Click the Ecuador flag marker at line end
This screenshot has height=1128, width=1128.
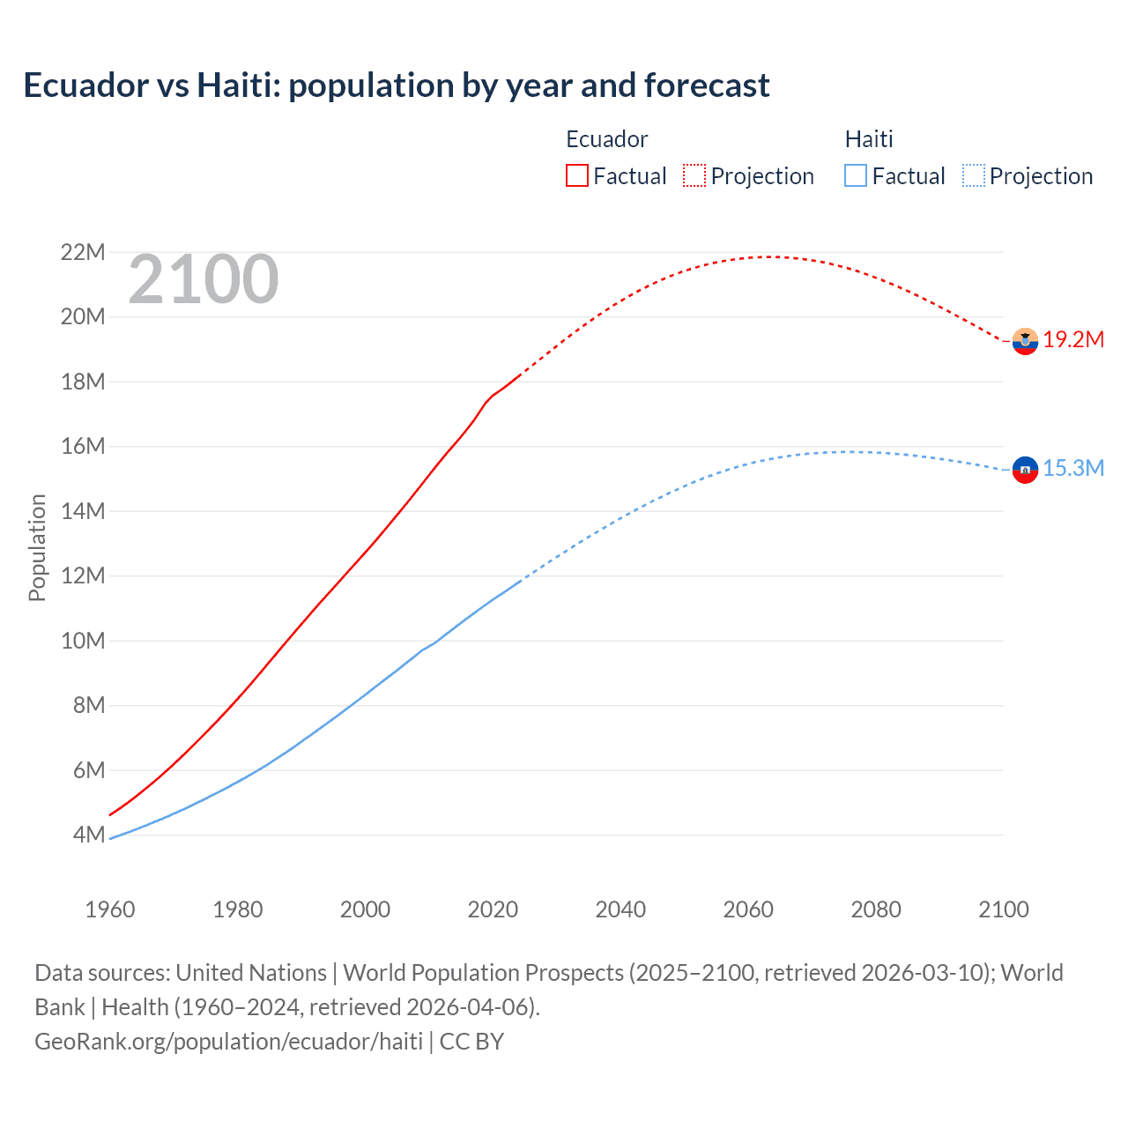pos(1025,341)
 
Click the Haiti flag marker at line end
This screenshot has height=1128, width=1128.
pos(1025,470)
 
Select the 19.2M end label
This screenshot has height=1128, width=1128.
pos(1073,340)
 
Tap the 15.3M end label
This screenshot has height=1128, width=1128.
pos(1073,468)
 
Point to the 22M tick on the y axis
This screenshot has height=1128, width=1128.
pos(82,253)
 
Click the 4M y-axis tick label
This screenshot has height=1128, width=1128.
pos(88,835)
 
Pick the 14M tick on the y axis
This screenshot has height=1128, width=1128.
pos(82,511)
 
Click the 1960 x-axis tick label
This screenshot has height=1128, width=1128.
pos(110,909)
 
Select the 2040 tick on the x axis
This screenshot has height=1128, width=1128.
pos(620,909)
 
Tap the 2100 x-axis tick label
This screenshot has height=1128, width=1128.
pos(1003,909)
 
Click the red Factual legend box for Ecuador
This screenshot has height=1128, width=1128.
pos(577,175)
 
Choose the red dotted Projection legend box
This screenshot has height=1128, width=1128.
pos(694,175)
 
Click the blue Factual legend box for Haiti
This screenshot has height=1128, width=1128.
pos(856,175)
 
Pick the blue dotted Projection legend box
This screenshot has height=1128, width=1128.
pos(973,175)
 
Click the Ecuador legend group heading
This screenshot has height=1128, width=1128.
pos(606,139)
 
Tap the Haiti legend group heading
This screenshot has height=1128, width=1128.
pos(869,139)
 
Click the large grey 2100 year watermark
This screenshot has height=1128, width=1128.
pos(204,280)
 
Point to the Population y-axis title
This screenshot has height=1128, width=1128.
pos(37,547)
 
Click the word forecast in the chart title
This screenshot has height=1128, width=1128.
pos(707,85)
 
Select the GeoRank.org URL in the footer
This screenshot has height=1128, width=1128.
pos(228,1041)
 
